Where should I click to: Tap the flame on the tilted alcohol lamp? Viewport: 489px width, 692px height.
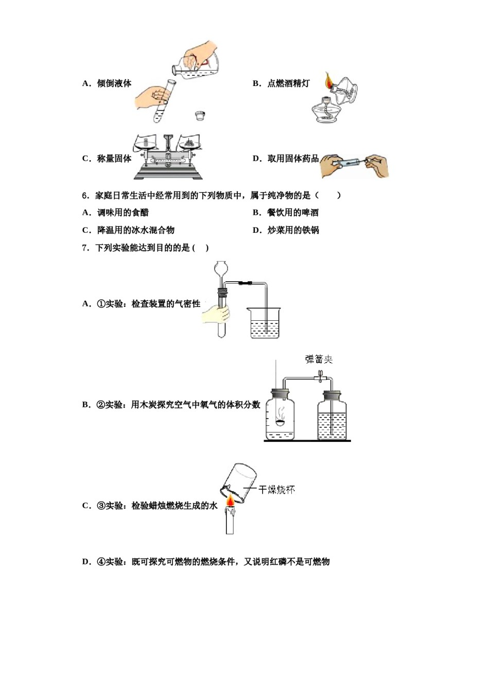(328, 81)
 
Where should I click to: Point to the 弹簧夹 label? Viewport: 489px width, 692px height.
(319, 359)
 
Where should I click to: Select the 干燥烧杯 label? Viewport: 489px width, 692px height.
(276, 489)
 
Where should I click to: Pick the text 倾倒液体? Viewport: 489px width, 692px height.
(114, 83)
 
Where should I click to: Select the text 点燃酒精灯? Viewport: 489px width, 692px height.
(288, 83)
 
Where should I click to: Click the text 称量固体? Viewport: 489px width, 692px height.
(114, 159)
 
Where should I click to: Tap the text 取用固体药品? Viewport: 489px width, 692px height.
(293, 159)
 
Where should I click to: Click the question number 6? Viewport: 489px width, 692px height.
(85, 196)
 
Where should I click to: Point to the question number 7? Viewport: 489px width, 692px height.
(85, 248)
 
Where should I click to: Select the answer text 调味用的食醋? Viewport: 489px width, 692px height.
(123, 213)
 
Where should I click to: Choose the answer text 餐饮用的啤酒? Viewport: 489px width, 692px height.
(293, 213)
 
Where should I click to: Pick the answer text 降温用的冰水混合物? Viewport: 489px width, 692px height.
(136, 230)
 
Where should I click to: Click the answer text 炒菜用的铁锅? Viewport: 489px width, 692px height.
(293, 230)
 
